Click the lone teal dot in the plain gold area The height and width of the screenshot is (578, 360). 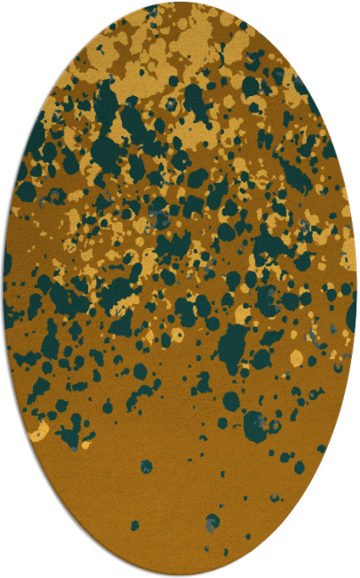pyautogui.click(x=146, y=466)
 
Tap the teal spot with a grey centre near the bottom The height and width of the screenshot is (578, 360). pyautogui.click(x=212, y=522)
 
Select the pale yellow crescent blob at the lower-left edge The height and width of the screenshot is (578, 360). pyautogui.click(x=39, y=432)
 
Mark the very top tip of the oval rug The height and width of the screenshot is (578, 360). pyautogui.click(x=180, y=3)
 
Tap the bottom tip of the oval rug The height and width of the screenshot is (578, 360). pyautogui.click(x=180, y=574)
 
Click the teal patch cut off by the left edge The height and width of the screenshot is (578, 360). pyautogui.click(x=7, y=263)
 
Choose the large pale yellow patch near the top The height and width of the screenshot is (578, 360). pyautogui.click(x=191, y=40)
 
